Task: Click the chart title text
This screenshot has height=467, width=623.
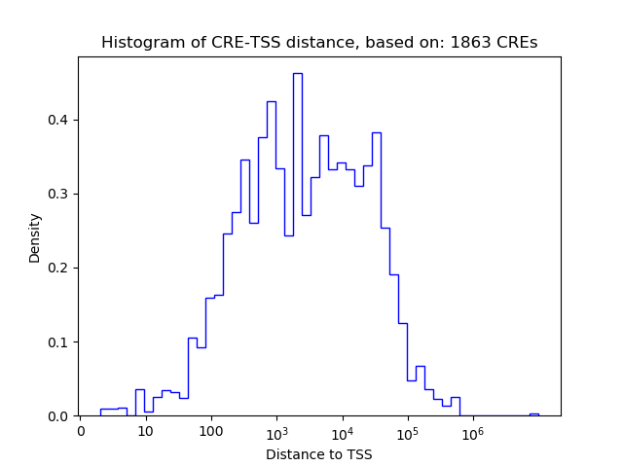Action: point(318,43)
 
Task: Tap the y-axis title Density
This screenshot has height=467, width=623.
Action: point(35,236)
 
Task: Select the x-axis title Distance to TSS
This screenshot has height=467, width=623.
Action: point(318,454)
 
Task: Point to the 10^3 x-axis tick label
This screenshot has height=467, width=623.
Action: point(276,431)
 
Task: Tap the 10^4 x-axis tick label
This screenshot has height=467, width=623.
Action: point(342,431)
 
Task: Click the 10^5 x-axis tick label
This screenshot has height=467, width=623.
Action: point(407,431)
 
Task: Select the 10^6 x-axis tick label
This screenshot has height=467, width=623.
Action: point(473,431)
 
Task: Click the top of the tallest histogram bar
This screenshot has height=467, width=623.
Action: point(298,74)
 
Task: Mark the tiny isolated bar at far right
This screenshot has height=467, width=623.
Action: point(533,413)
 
